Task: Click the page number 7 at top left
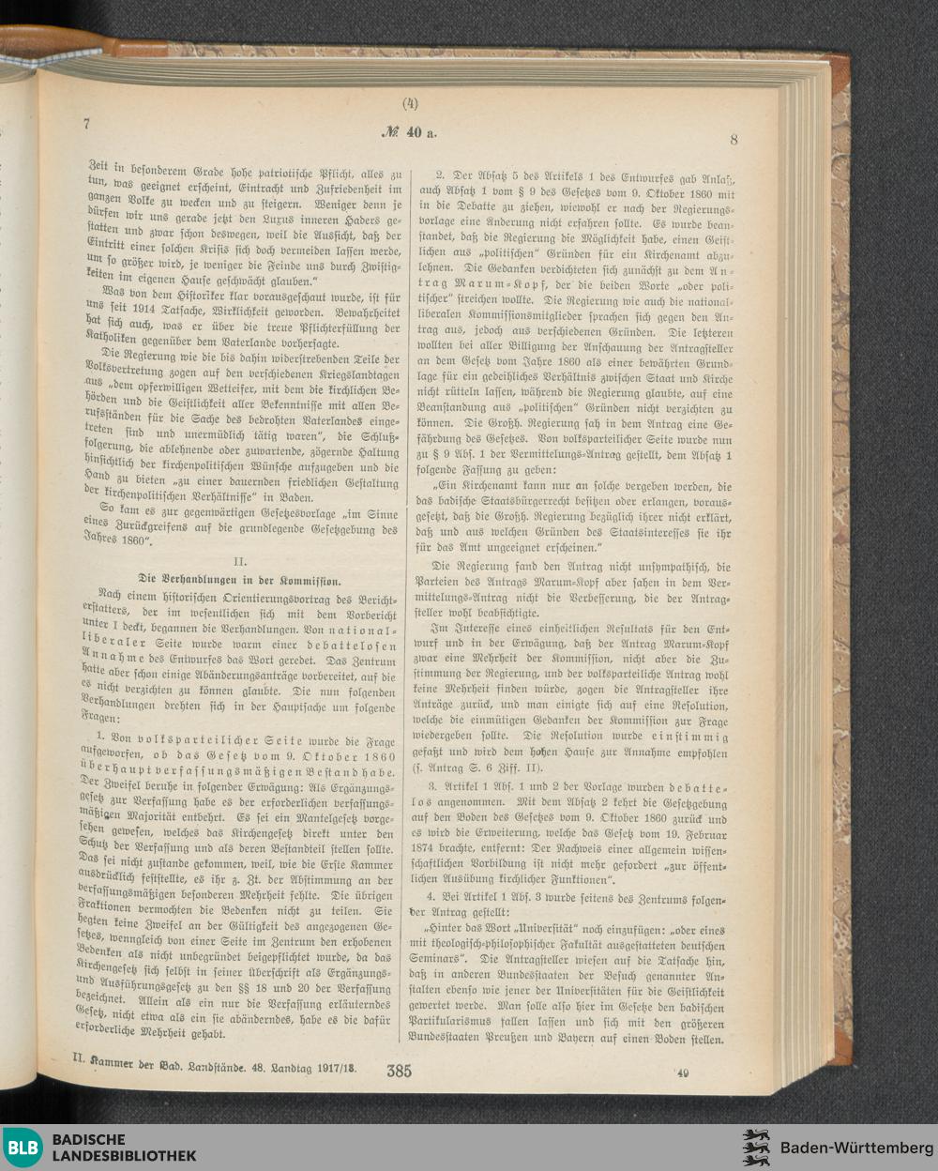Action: [85, 124]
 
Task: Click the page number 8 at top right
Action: [734, 140]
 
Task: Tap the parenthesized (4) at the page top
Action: [410, 104]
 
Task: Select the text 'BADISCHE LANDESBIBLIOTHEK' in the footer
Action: [124, 1147]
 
